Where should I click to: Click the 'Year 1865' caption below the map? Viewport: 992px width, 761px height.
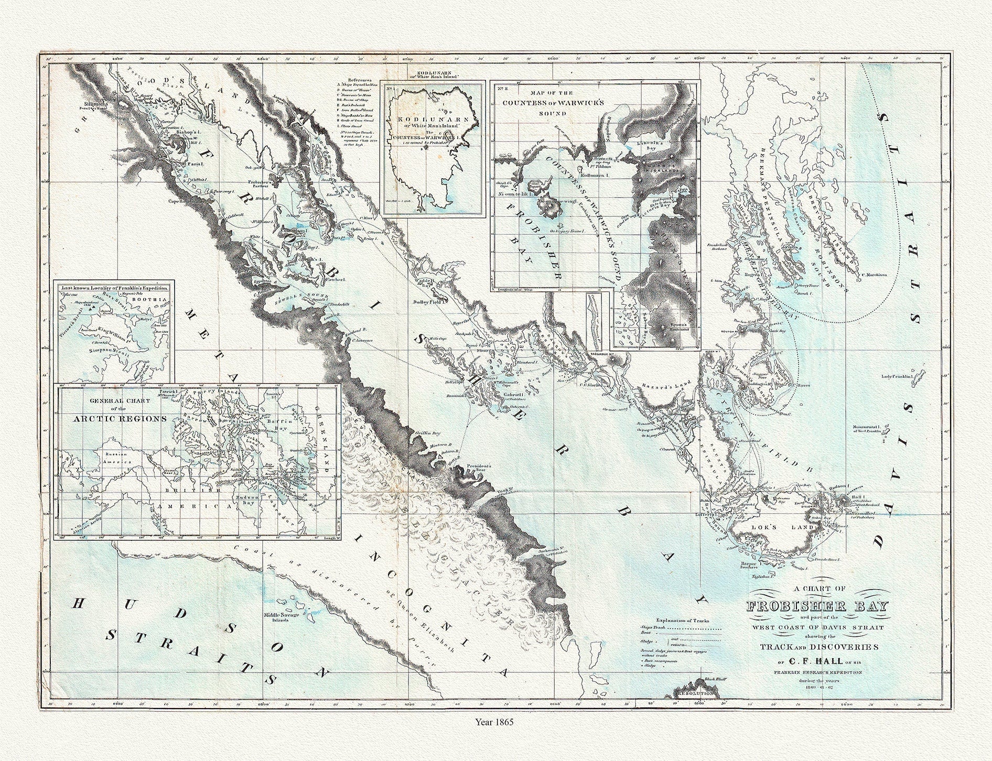tap(495, 722)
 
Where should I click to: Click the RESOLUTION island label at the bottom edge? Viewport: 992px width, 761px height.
tap(696, 693)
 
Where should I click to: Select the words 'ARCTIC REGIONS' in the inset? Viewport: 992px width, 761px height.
tap(120, 419)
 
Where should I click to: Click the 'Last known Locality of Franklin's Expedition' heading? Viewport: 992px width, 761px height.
tap(114, 288)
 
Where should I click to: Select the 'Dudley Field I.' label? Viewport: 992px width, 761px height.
tap(429, 301)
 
